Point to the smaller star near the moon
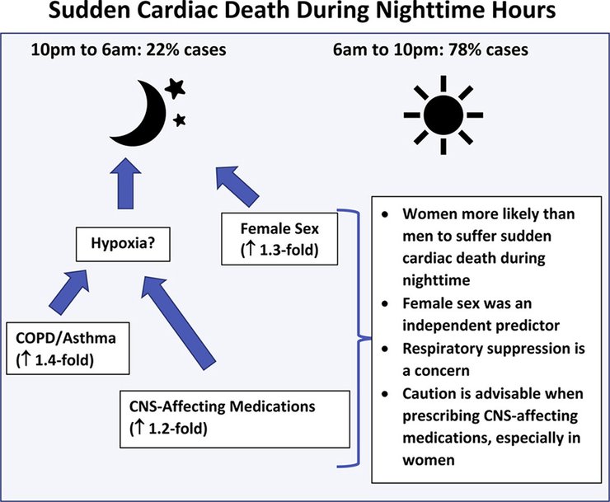(x=179, y=120)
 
